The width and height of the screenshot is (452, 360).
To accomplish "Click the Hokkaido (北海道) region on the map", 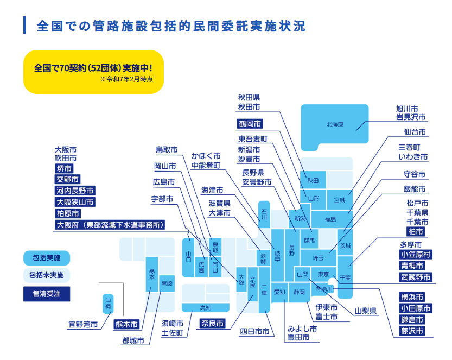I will click(x=334, y=125).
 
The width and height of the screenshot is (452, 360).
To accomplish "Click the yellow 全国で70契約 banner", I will click(x=93, y=72).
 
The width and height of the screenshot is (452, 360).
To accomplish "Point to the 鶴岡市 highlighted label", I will click(x=250, y=124).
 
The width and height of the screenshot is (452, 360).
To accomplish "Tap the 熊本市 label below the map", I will click(x=127, y=325).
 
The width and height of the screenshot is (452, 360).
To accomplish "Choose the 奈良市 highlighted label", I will click(x=212, y=324).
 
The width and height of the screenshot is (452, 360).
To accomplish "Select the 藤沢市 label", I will click(x=412, y=331).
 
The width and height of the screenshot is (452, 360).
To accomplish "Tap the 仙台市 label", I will click(x=415, y=132).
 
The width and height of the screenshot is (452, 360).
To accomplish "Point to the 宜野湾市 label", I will click(x=83, y=325).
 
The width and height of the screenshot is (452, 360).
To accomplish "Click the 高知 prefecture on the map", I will click(x=206, y=308).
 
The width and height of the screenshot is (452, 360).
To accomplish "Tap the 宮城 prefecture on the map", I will click(x=340, y=200).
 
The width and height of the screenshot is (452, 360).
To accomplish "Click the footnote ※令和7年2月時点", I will click(x=126, y=80).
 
